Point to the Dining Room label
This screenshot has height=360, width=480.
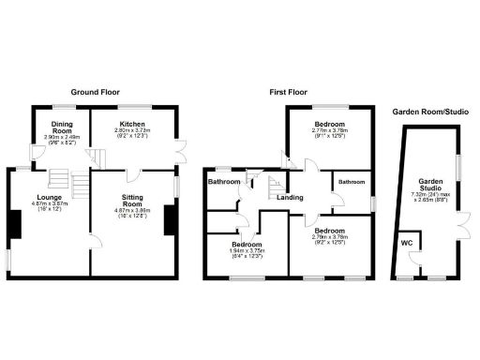pos(63,128)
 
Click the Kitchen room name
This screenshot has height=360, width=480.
pos(131,124)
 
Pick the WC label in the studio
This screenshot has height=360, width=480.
pos(406,244)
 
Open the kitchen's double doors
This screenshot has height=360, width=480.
pos(179,150)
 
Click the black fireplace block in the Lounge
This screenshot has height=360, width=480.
pos(14,222)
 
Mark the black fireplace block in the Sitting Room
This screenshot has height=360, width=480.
pos(170,219)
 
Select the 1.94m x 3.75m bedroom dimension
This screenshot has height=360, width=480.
pos(248,250)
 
